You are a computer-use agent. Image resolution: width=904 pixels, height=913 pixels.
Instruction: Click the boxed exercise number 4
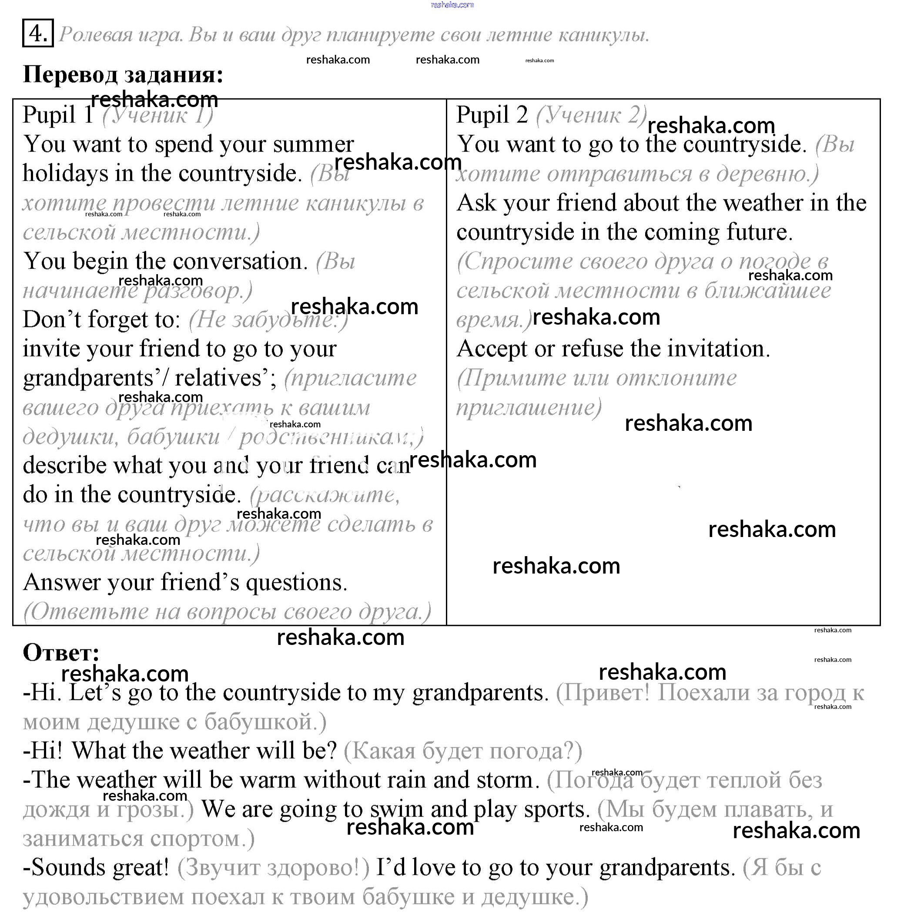(38, 33)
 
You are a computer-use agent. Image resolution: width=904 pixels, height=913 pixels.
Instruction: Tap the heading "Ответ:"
(61, 653)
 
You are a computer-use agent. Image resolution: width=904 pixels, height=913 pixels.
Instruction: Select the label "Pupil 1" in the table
(57, 115)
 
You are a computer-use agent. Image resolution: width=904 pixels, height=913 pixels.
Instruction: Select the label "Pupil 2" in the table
(492, 115)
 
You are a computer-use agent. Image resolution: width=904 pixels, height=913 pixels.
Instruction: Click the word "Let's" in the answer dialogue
(95, 693)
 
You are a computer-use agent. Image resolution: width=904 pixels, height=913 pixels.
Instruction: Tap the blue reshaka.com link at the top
(452, 5)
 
